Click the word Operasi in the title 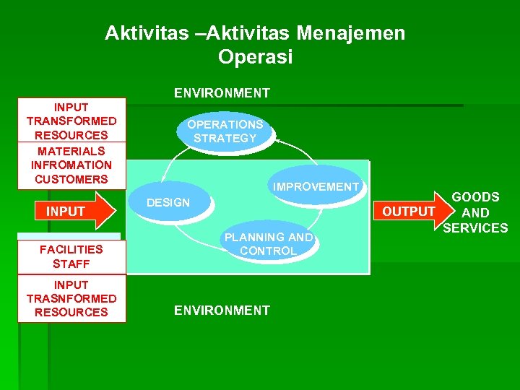[255, 58]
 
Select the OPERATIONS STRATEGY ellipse [225, 131]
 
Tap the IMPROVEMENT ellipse [316, 187]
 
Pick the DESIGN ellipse [168, 203]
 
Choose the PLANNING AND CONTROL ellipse [268, 244]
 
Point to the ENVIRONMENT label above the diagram [222, 93]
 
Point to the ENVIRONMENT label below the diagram [222, 311]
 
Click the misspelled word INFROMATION [71, 165]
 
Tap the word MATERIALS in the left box [71, 151]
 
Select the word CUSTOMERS [71, 179]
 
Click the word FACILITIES [71, 249]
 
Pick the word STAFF [71, 264]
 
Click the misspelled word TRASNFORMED [71, 298]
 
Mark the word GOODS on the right [475, 197]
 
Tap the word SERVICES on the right [475, 228]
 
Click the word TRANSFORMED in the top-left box [71, 121]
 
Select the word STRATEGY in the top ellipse [225, 138]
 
